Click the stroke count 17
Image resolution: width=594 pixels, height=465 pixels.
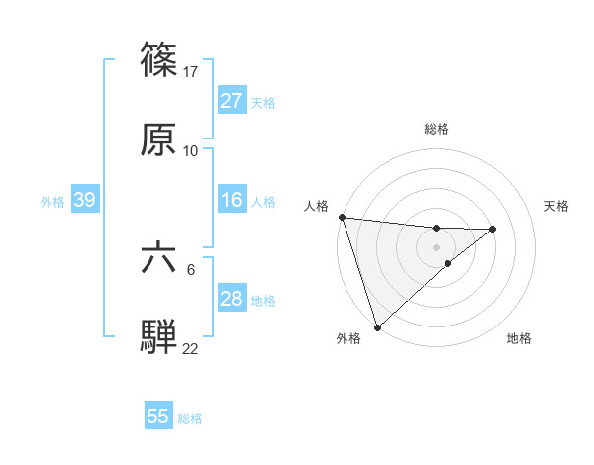click(191, 71)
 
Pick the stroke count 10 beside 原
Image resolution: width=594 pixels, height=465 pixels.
click(191, 151)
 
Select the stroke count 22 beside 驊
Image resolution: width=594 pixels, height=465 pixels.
click(191, 349)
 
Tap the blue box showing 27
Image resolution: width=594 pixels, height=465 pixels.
click(231, 101)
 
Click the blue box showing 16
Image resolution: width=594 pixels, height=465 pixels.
click(231, 200)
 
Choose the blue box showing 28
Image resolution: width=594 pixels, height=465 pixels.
click(231, 299)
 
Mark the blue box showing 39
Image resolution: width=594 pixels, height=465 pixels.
click(84, 200)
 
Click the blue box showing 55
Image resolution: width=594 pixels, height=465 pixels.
click(158, 417)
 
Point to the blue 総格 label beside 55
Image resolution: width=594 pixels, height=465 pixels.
click(190, 418)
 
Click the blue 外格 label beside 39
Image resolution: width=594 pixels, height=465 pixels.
click(52, 202)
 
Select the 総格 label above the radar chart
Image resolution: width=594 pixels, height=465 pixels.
click(436, 129)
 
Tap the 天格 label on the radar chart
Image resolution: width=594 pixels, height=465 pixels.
click(557, 206)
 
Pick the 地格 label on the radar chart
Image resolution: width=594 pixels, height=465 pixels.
click(519, 339)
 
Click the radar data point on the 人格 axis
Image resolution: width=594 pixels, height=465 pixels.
click(342, 217)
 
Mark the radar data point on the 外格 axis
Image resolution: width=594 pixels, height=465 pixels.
click(377, 326)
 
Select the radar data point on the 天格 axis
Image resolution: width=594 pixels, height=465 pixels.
click(493, 229)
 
